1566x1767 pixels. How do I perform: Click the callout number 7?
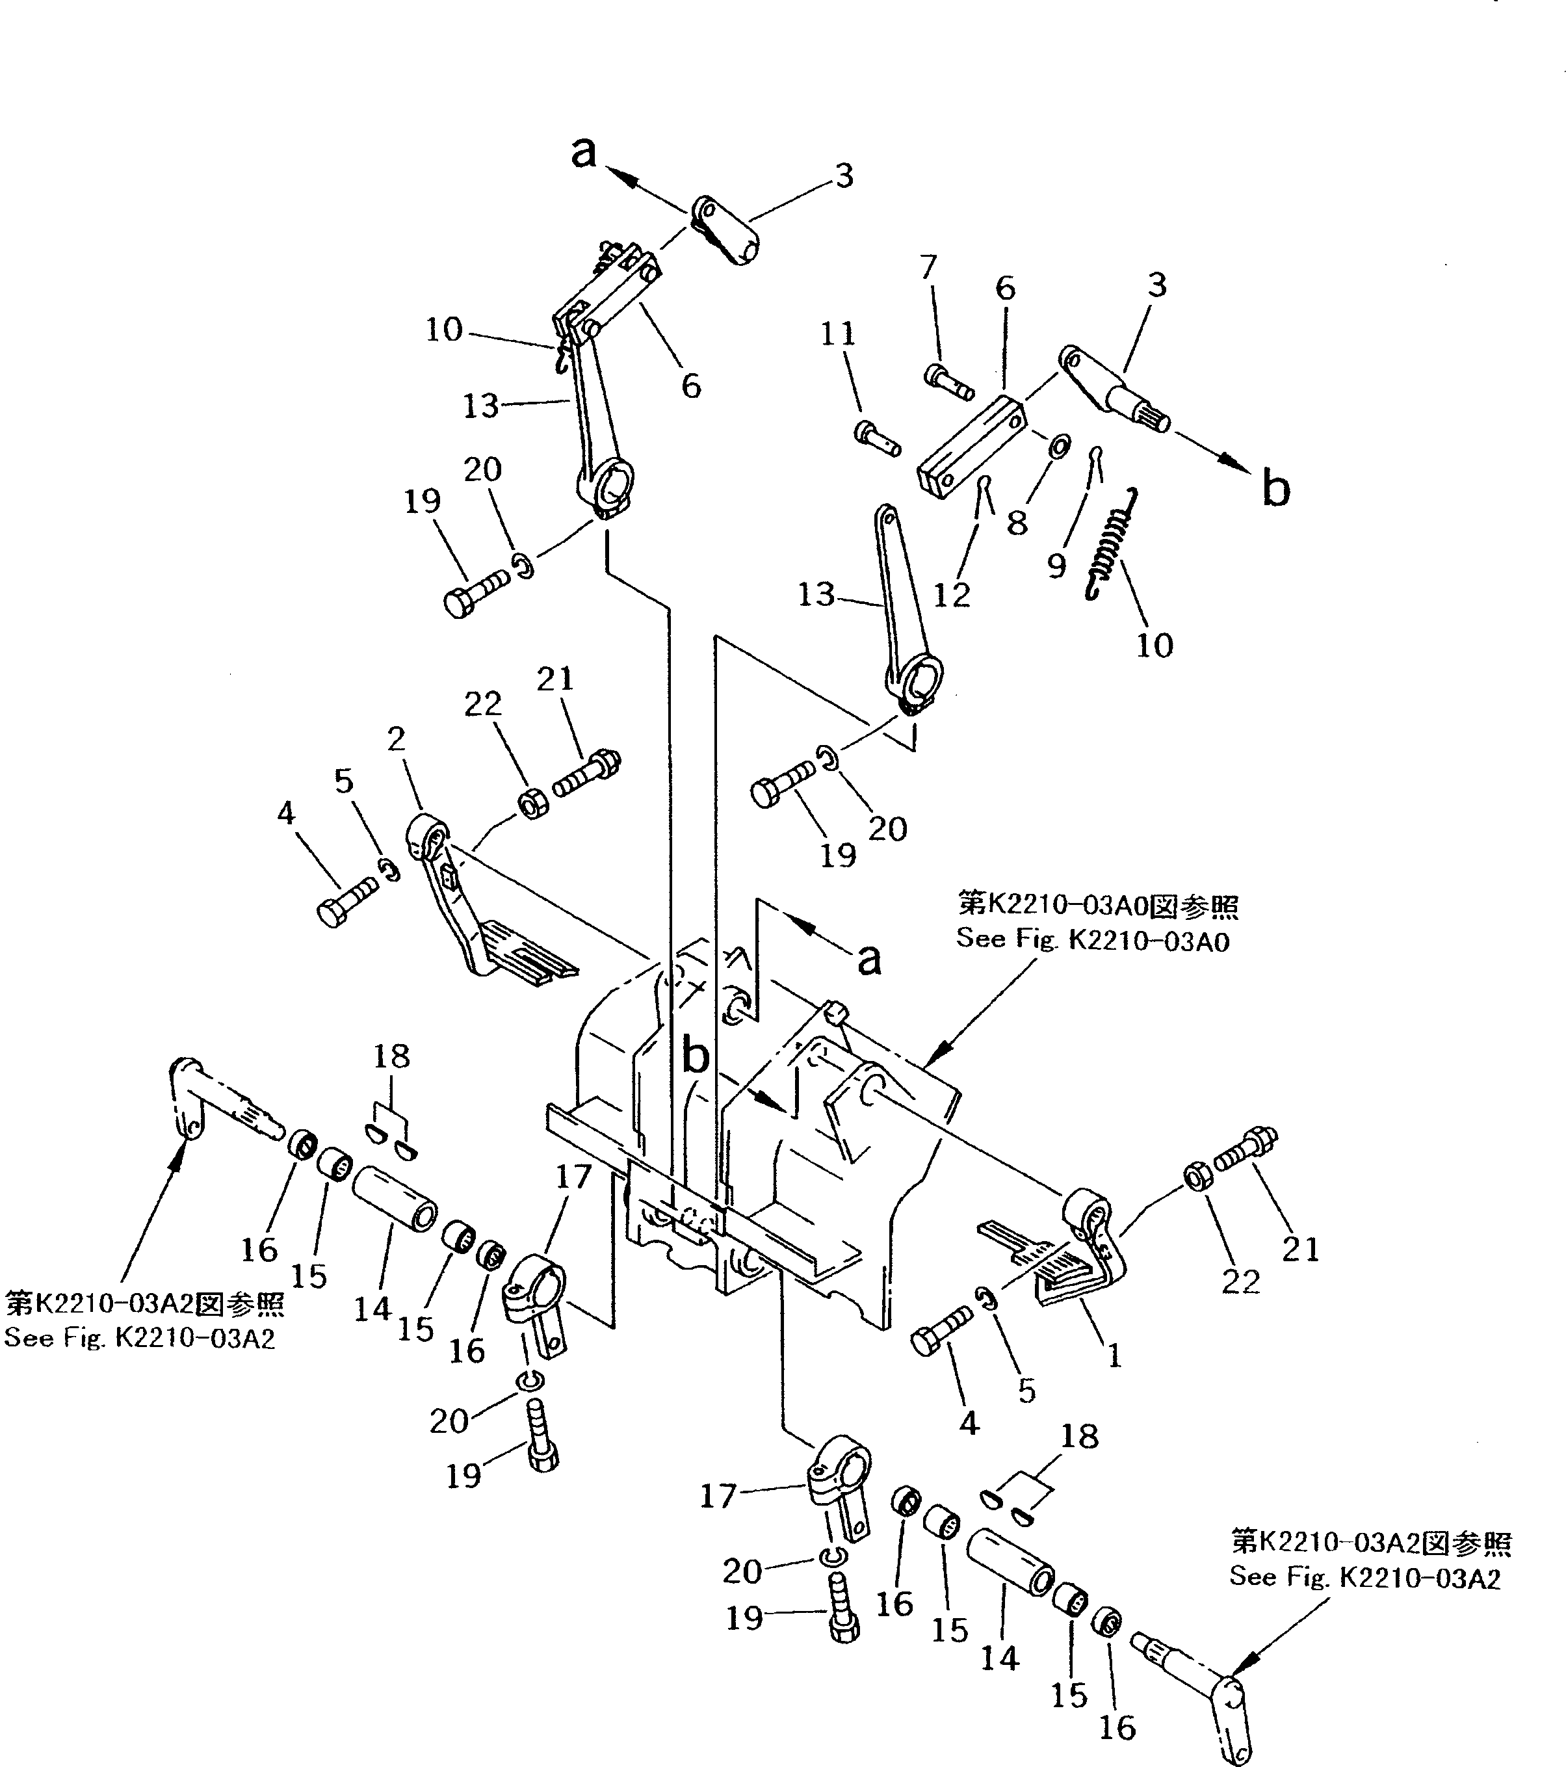point(928,267)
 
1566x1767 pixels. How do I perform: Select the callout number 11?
point(837,334)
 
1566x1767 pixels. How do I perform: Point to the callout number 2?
point(396,739)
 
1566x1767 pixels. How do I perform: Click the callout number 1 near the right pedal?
point(1115,1356)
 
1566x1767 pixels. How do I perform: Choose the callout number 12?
point(952,595)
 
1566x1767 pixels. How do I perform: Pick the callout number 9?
point(1056,566)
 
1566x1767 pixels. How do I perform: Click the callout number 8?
point(1017,523)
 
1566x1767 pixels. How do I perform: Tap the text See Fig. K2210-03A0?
point(1092,939)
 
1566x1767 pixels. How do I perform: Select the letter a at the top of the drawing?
point(584,152)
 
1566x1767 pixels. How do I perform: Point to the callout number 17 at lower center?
point(716,1497)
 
